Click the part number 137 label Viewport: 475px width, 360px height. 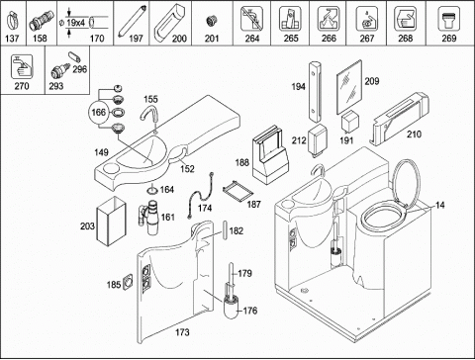[12, 39]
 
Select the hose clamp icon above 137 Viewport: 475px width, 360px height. [12, 21]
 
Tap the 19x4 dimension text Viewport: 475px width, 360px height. [76, 23]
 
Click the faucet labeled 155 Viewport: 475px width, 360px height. [149, 117]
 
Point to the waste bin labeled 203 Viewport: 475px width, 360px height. [111, 222]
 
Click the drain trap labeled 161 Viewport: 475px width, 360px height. [149, 217]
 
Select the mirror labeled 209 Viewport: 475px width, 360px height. [349, 87]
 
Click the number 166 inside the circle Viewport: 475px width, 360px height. [98, 113]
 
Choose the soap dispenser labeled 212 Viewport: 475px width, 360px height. [317, 140]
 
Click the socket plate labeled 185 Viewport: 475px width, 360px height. [128, 283]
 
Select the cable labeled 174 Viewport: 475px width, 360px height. [201, 195]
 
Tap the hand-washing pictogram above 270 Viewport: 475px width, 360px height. [22, 67]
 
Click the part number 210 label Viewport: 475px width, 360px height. [414, 135]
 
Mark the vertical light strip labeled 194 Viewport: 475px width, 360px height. [315, 91]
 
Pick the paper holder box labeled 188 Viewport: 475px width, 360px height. [270, 155]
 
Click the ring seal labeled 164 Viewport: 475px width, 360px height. [152, 190]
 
